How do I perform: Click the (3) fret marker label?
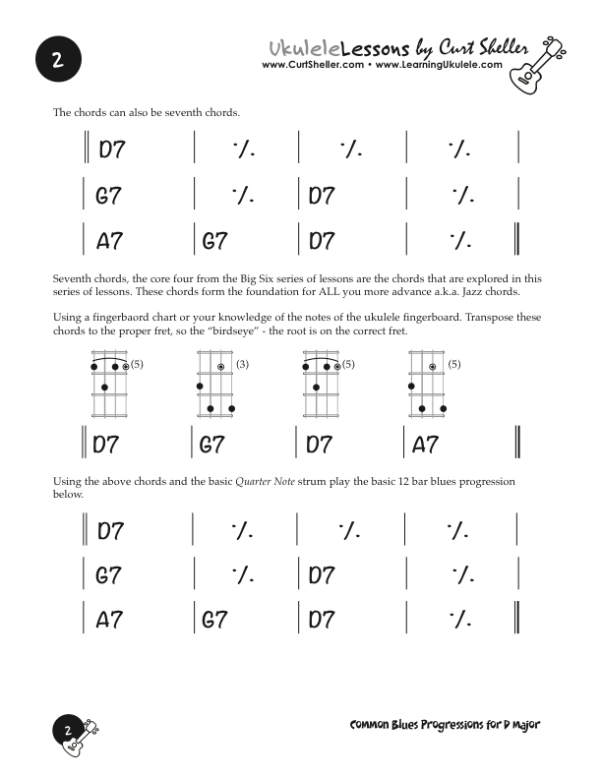(242, 365)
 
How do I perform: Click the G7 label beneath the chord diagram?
(212, 446)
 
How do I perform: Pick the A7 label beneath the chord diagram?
(425, 446)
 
